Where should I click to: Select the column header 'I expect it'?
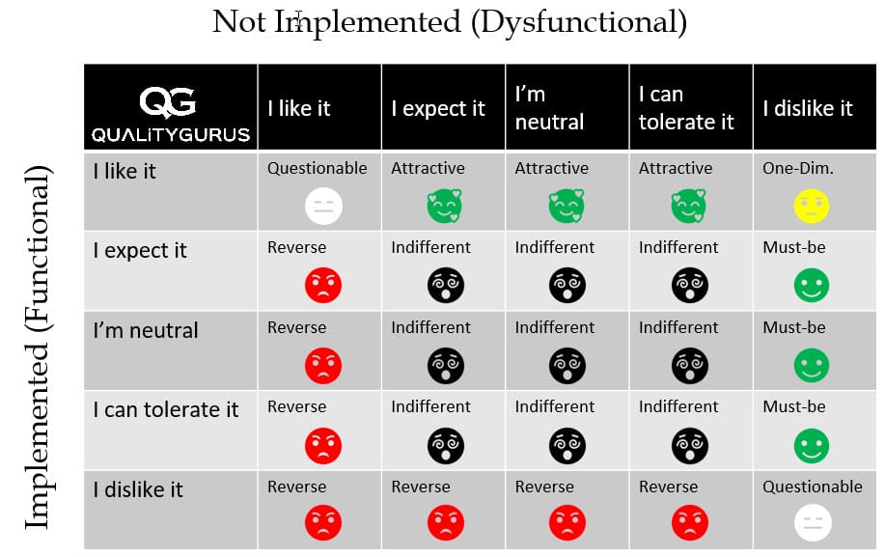coord(437,108)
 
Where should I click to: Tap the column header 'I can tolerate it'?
coord(685,108)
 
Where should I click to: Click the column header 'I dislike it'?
coord(807,108)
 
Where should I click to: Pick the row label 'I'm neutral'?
coord(146,330)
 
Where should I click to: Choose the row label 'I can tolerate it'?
coord(165,409)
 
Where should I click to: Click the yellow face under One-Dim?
coord(811,205)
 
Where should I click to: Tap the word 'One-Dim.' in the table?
coord(797,168)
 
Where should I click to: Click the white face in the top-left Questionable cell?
coord(321,205)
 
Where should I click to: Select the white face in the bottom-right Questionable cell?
coord(811,522)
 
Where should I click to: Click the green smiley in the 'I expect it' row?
coord(811,285)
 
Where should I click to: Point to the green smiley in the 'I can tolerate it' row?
coord(811,444)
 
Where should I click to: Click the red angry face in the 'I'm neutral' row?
coord(322,365)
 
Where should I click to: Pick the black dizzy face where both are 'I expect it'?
coord(445,285)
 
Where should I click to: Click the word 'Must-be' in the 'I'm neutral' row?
coord(793,327)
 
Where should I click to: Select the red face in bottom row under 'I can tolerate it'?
coord(691,522)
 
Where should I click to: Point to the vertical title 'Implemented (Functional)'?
coord(37,348)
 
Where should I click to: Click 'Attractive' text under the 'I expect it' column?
coord(428,168)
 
